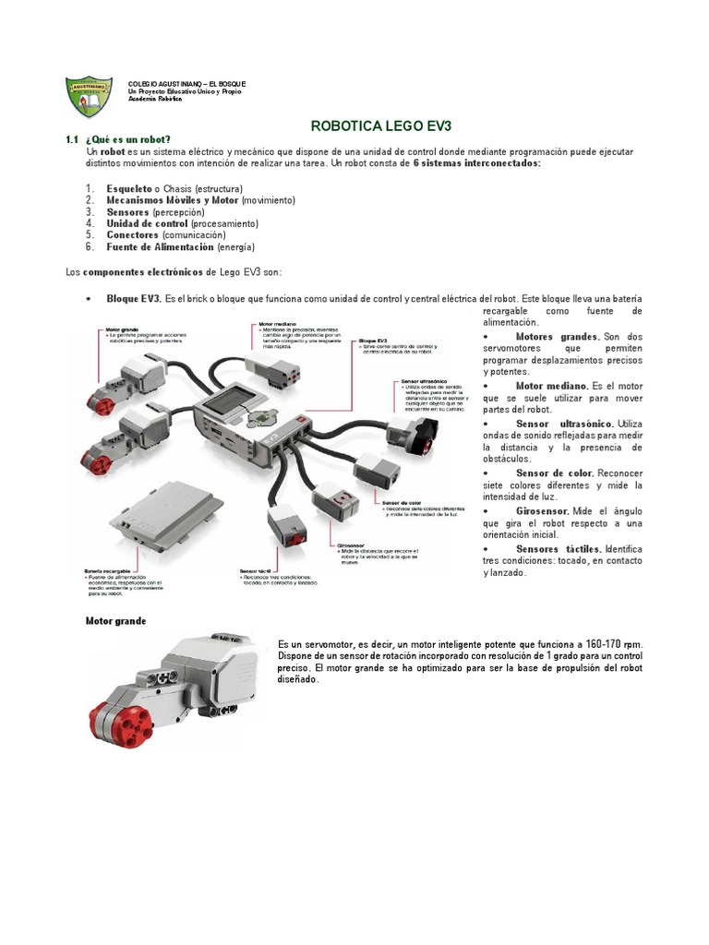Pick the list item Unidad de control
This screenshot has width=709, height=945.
coord(147,223)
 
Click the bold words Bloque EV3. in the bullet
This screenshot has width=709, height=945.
coord(135,299)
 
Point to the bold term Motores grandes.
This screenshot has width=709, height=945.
coord(558,337)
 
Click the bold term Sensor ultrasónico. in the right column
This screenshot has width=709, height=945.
coord(565,423)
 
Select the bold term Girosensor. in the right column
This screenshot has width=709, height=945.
coord(542,510)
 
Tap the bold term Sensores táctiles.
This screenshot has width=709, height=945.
coord(558,548)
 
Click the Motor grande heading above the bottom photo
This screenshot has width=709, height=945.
coord(115,621)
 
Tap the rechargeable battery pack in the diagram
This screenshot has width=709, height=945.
coord(166,512)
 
